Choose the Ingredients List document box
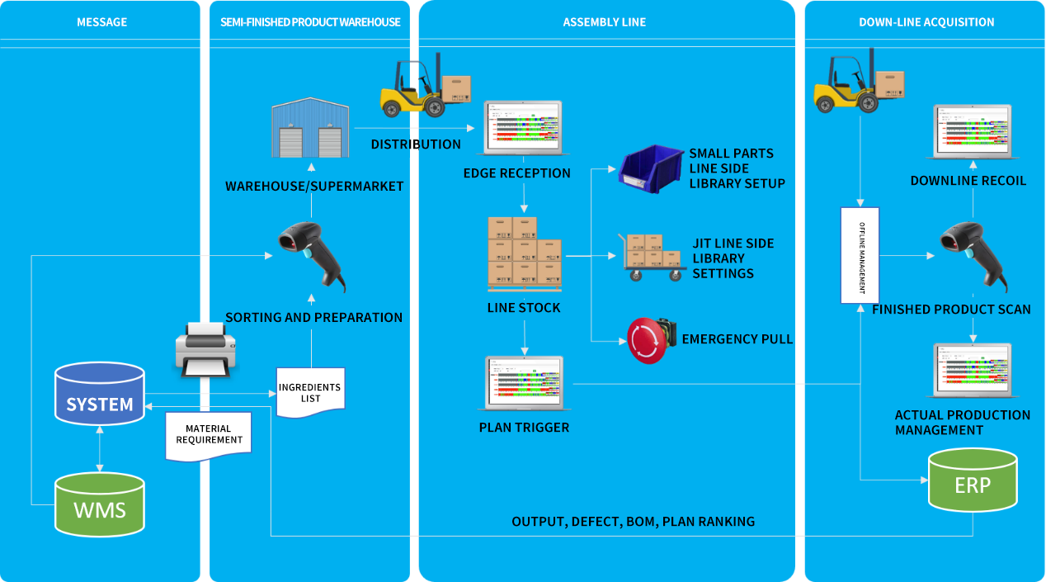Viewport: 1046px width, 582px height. click(x=310, y=391)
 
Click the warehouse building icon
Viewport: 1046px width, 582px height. click(x=307, y=129)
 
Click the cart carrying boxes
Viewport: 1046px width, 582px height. click(x=653, y=256)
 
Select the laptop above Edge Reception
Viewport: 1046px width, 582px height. click(x=522, y=128)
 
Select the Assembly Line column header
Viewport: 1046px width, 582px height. click(x=605, y=22)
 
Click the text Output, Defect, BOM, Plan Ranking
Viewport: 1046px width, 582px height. click(x=633, y=522)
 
